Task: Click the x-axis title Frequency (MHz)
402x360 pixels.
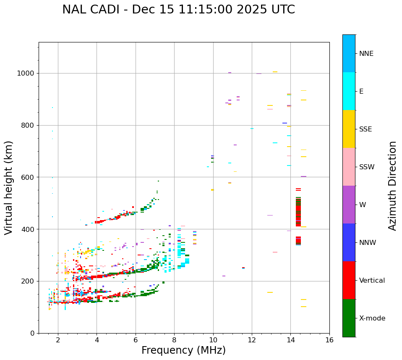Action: coord(183,350)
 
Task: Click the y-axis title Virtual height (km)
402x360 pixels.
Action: coord(9,188)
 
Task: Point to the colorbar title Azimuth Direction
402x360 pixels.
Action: coord(392,186)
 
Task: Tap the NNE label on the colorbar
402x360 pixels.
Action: coord(366,54)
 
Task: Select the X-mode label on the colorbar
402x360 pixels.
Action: coord(372,318)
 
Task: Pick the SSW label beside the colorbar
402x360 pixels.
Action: coord(367,167)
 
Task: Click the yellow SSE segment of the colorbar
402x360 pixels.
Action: coord(349,129)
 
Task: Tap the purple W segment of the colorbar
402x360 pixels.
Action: coord(349,205)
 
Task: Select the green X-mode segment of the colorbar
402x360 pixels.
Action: coord(349,318)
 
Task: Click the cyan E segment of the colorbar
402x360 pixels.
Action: coord(349,91)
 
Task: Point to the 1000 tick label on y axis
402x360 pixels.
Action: coord(26,74)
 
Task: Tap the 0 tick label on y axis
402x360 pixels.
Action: coord(32,333)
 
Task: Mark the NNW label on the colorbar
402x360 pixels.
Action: coord(368,243)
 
